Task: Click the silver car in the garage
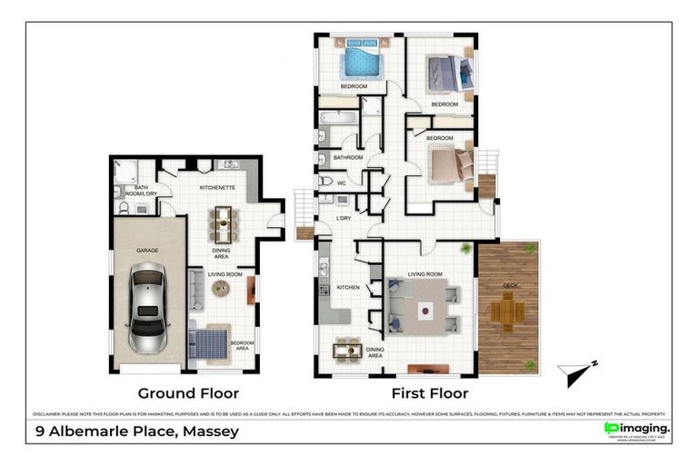[147, 309]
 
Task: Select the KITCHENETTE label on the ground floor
[218, 187]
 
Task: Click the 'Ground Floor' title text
[188, 393]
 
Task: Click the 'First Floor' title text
[429, 393]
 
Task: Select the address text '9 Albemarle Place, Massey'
[136, 430]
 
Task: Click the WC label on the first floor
[341, 183]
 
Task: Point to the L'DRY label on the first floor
[344, 219]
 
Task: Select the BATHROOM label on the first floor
[348, 157]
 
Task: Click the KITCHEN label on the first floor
[349, 287]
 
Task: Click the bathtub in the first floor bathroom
[338, 117]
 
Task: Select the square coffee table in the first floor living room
[424, 310]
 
